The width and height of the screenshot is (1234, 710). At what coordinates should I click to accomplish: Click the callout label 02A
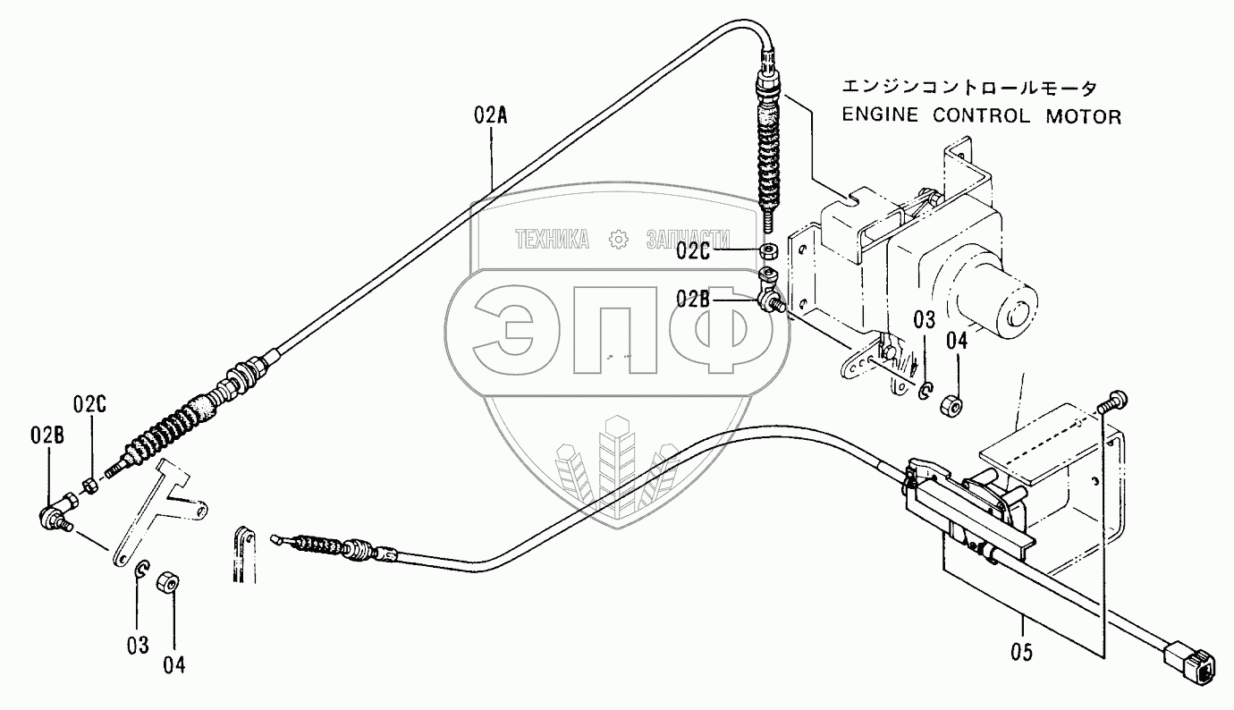(491, 116)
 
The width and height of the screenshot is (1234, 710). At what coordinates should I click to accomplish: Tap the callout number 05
(1022, 652)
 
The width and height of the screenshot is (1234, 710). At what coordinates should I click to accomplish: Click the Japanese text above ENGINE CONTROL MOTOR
(968, 88)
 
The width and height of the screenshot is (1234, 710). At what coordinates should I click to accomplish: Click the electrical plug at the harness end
(1190, 666)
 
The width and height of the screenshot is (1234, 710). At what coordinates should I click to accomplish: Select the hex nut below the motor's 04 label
(951, 405)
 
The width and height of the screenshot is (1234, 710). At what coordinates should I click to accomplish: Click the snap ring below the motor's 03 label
(926, 392)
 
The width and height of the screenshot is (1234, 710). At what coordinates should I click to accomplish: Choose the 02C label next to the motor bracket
(693, 251)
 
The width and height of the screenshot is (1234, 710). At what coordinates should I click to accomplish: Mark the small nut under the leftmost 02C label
(90, 486)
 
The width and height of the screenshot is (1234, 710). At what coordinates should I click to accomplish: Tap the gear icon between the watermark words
(616, 239)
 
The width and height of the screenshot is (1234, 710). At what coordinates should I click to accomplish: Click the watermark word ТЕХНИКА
(552, 239)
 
